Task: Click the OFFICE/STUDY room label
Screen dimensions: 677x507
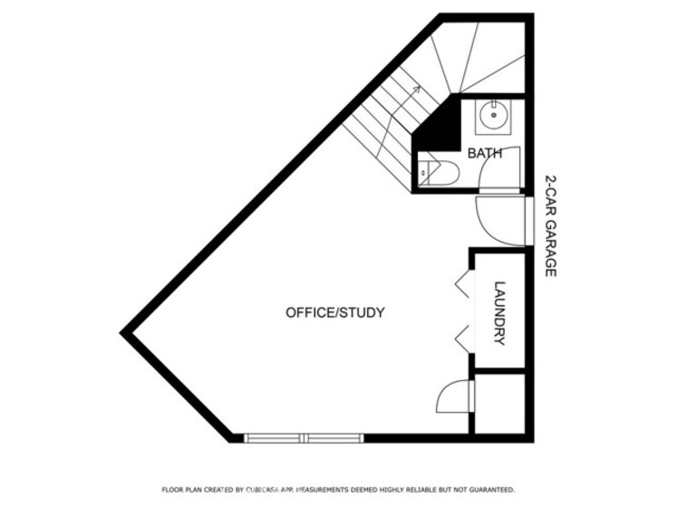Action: (335, 312)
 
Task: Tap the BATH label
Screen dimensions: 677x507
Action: (485, 153)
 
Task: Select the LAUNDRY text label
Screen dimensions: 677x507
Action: (499, 313)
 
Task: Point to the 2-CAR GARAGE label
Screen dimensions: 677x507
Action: (550, 225)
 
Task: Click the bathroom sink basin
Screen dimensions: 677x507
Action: (493, 116)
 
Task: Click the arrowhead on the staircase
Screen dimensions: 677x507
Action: (416, 89)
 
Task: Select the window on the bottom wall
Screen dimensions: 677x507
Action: (304, 438)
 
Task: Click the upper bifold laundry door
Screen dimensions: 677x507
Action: (463, 284)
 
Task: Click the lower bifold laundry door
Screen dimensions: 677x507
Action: (463, 340)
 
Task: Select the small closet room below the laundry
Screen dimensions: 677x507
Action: (499, 404)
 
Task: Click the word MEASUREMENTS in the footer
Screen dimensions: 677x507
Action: (322, 490)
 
